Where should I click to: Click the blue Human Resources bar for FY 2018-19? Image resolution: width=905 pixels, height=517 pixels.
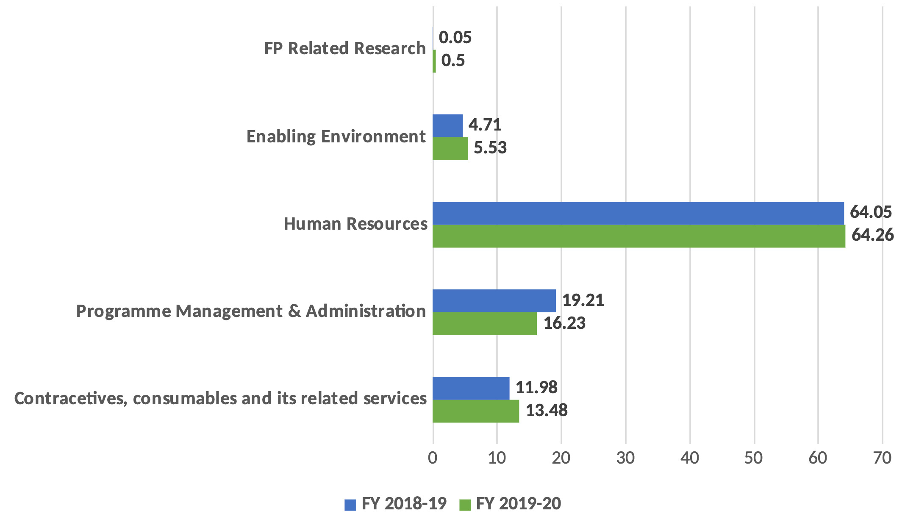pos(638,213)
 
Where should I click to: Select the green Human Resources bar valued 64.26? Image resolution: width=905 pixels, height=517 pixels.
pos(638,236)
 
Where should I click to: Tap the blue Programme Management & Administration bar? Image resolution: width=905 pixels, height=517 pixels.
pos(494,301)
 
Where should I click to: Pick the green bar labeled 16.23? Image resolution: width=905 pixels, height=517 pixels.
pos(484,324)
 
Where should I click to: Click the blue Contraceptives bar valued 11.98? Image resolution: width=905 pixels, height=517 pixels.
pos(471,388)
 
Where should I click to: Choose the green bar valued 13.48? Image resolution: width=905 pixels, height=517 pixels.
pos(475,411)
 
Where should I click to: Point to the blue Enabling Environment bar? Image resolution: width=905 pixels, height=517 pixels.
pos(447,126)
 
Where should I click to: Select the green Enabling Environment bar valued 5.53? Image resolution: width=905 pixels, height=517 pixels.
pos(450,149)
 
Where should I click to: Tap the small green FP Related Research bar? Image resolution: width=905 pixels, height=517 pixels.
pos(434,61)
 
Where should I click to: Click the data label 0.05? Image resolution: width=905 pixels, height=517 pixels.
pos(455,38)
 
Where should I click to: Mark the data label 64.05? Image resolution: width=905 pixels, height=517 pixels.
pos(871,212)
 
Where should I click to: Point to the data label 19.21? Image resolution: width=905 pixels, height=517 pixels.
pos(583,300)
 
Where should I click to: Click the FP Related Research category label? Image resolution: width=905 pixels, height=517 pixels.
pos(344,48)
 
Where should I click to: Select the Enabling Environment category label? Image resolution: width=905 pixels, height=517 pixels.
pos(336,136)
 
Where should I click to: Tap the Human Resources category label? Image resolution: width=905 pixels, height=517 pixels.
pos(355,224)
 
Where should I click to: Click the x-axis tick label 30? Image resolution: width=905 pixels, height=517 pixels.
pos(625,458)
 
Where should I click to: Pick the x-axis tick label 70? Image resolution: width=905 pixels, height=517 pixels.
pos(882,458)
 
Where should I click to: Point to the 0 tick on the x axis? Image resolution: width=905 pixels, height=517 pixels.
pos(433,458)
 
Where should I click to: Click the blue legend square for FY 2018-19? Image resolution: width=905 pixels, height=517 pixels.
pos(350,504)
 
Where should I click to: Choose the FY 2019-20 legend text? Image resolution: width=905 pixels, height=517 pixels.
pos(518,503)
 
